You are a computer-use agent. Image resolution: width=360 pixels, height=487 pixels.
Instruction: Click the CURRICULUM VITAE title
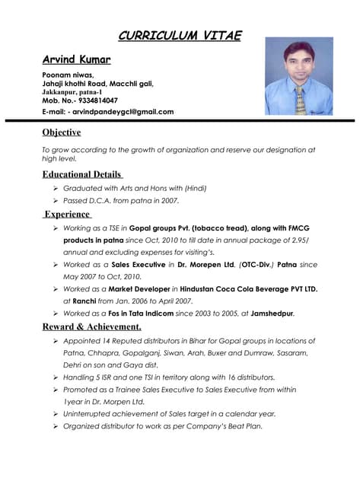(180, 35)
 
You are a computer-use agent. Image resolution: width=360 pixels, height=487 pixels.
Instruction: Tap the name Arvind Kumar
(76, 59)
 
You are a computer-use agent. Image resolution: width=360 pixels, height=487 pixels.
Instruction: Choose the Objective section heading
(62, 132)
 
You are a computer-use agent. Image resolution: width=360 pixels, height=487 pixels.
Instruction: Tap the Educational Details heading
(83, 174)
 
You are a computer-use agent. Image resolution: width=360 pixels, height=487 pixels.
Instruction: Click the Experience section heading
(67, 215)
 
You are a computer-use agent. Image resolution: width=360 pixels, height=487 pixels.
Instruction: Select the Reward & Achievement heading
(91, 327)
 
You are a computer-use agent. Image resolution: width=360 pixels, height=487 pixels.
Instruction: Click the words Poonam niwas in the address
(68, 75)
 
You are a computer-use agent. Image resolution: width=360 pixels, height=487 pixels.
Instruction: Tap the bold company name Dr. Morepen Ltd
(205, 264)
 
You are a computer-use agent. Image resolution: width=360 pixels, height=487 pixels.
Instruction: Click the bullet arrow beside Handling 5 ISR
(56, 377)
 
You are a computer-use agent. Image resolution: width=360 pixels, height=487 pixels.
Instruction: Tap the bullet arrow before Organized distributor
(56, 426)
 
